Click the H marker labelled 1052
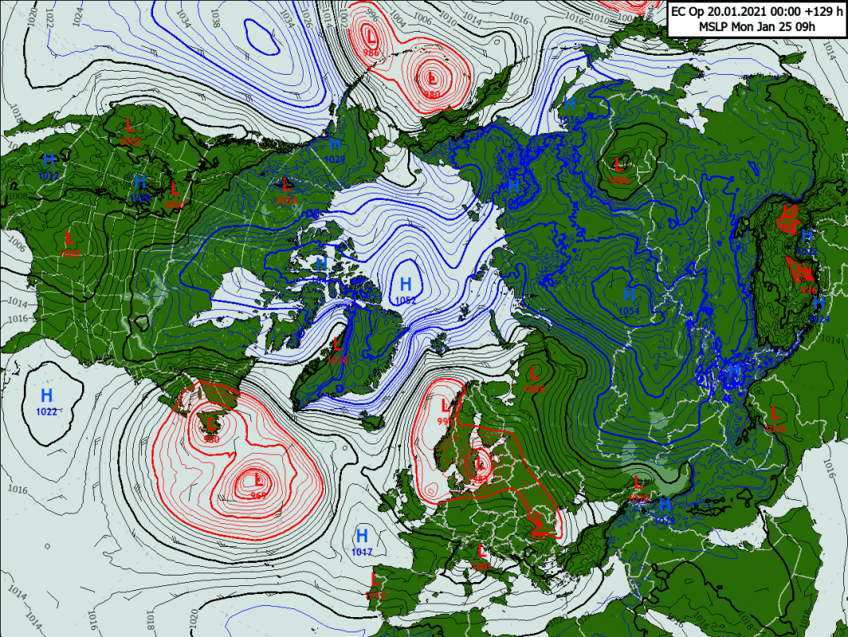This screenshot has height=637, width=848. click(x=406, y=284)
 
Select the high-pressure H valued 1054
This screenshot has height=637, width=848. click(x=629, y=295)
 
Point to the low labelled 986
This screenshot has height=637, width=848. click(x=371, y=36)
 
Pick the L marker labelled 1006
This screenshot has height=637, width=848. click(x=618, y=165)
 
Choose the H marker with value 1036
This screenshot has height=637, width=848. click(x=569, y=104)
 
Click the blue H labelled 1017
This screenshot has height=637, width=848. click(x=362, y=535)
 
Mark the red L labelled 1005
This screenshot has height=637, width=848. click(x=534, y=372)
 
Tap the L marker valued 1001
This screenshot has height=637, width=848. click(x=481, y=550)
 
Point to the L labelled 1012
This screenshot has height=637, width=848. click(x=375, y=579)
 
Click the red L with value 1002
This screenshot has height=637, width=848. click(x=131, y=125)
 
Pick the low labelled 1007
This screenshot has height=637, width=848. click(x=175, y=189)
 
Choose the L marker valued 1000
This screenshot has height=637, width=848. click(x=69, y=236)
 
